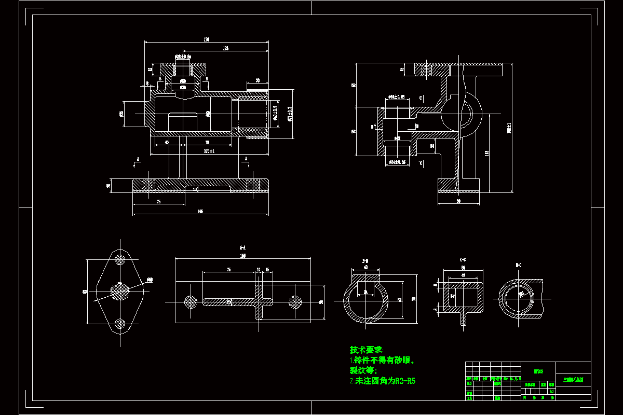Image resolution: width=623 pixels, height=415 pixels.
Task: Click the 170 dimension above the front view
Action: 207,39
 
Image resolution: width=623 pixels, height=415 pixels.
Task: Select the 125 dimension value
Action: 226,48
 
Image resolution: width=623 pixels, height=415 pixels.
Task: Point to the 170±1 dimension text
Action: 209,151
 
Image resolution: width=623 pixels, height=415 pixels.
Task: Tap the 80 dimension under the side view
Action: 458,200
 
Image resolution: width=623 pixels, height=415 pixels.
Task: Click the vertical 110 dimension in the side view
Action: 486,153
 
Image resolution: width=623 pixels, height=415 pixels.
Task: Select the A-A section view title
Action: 242,247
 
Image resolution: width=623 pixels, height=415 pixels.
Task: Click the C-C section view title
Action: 463,258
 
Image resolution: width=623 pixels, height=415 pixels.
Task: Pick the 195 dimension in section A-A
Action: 242,256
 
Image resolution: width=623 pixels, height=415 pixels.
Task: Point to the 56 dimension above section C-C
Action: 463,268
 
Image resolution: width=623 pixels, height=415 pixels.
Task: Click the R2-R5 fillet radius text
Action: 405,381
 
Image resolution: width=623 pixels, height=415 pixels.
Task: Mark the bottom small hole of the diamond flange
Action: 120,324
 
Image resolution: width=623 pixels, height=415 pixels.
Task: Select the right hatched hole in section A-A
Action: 295,301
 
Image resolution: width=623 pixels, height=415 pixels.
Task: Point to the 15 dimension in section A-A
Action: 267,270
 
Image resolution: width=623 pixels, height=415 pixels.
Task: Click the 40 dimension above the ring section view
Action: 365,268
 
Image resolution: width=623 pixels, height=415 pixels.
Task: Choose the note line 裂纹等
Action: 362,370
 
